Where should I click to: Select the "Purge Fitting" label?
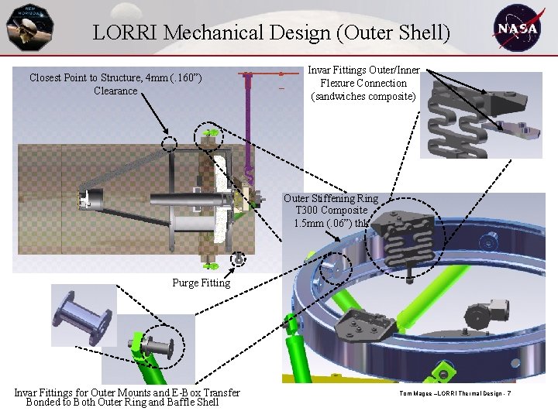point(201,283)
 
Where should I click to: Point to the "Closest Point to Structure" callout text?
point(115,77)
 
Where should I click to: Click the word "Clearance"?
point(115,91)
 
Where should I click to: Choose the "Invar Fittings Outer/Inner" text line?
point(363,70)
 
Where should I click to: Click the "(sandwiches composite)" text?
point(363,96)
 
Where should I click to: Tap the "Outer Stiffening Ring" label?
point(331,199)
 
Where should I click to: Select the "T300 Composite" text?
point(331,211)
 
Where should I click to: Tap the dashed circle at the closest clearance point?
point(170,142)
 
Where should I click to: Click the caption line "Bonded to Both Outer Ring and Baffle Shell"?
point(122,403)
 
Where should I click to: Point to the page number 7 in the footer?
point(508,396)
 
